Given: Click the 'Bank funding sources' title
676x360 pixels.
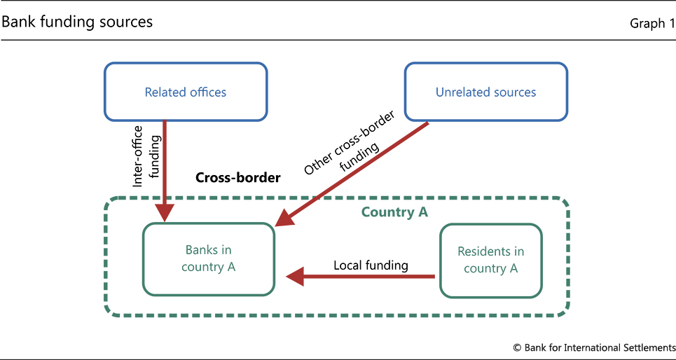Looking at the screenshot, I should [77, 22].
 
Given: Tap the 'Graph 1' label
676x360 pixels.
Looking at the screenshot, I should [651, 24].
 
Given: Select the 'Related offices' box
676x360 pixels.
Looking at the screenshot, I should [186, 92].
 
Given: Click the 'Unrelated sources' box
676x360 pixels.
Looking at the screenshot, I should [485, 92].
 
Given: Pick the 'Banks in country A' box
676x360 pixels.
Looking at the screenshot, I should [208, 258].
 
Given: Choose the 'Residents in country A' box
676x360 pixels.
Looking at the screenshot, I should [490, 260].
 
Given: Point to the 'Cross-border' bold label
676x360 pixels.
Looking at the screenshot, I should [237, 178].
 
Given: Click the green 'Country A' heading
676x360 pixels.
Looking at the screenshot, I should [394, 212].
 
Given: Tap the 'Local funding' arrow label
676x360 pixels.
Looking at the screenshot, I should [371, 265].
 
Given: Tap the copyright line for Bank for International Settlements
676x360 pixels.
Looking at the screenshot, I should [594, 347].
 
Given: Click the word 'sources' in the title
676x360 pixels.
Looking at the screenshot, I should [126, 22].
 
